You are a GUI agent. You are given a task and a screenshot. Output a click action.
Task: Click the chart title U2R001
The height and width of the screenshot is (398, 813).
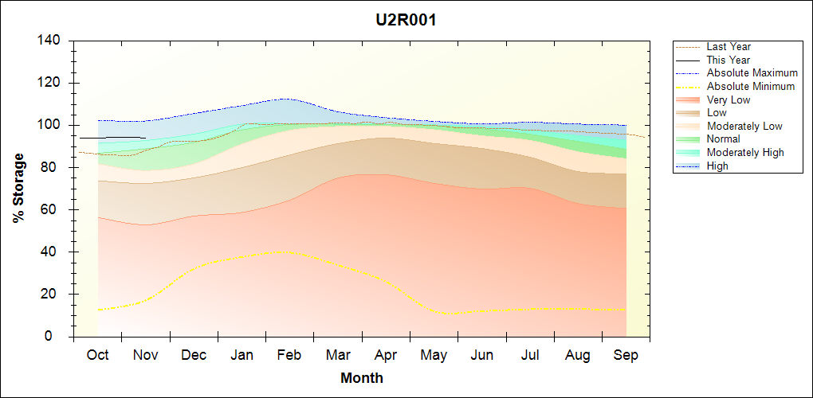click(406, 20)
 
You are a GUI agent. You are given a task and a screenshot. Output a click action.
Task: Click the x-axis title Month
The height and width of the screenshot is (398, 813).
click(361, 378)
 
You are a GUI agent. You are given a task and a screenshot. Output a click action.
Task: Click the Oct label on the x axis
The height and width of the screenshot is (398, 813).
click(97, 355)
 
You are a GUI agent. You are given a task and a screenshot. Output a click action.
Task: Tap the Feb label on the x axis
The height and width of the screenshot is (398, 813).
click(289, 355)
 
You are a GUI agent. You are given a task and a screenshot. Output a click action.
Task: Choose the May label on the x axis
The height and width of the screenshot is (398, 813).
click(434, 355)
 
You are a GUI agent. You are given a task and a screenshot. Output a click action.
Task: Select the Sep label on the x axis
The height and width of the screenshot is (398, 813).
click(626, 355)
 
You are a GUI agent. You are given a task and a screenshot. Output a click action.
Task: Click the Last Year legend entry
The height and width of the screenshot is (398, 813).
click(729, 47)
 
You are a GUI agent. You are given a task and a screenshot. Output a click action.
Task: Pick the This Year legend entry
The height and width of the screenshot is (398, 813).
click(729, 60)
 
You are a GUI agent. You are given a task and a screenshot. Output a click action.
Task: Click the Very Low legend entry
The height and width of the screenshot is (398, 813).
click(729, 100)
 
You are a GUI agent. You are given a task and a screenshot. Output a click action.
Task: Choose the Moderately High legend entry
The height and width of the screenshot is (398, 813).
click(745, 153)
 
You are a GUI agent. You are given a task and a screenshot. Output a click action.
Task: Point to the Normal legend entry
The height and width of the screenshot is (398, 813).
click(724, 139)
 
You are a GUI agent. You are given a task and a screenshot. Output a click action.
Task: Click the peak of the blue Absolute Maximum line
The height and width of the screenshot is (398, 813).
click(283, 99)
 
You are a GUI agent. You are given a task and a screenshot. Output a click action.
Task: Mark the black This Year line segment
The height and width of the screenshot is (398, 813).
click(112, 138)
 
